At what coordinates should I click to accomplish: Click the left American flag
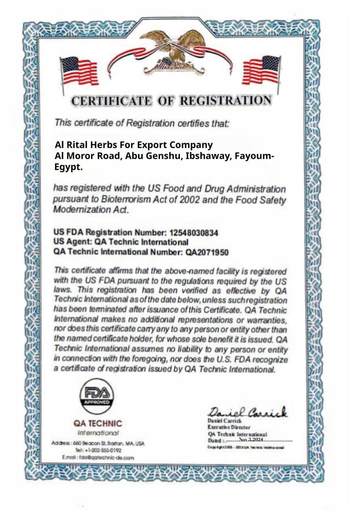point(79,71)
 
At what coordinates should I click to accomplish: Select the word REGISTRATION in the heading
point(225,101)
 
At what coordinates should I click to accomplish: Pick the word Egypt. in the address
point(68,167)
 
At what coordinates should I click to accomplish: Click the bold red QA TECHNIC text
point(97,423)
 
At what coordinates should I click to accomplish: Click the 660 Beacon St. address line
point(98,443)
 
